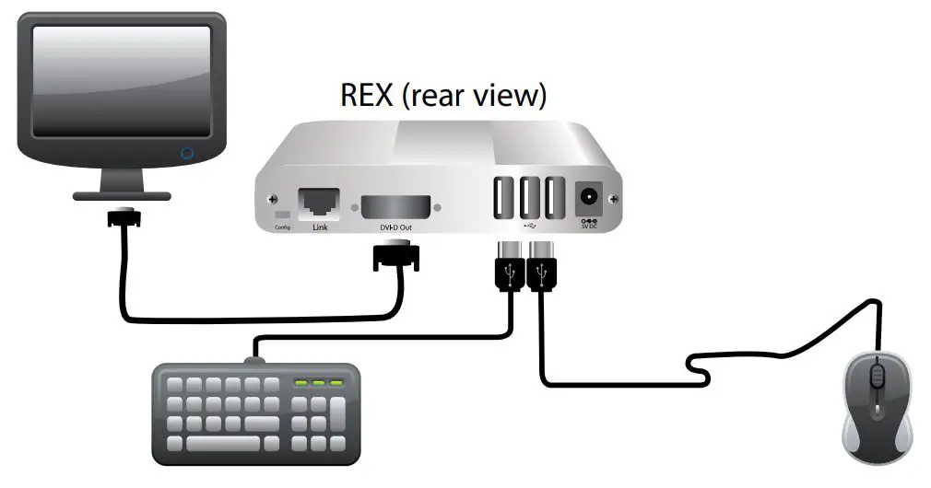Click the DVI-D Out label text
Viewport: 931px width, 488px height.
tap(397, 227)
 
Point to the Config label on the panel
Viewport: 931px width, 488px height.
tap(282, 227)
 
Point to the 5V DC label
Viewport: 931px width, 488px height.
tap(588, 227)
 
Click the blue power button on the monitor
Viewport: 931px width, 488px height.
tap(187, 150)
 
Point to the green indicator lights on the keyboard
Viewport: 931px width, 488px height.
tap(318, 381)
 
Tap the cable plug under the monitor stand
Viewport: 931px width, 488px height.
tap(123, 218)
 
